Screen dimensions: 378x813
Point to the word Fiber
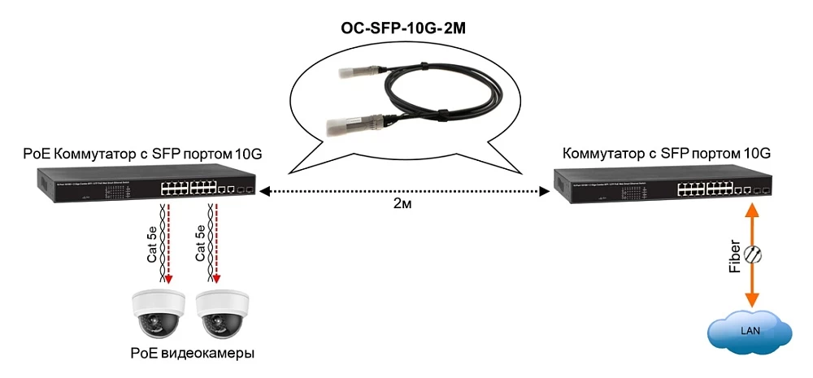735,256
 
